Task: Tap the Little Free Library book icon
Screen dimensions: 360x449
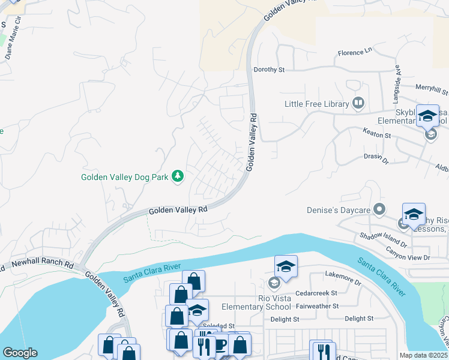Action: tap(358, 103)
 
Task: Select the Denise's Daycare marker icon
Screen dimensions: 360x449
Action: tap(379, 209)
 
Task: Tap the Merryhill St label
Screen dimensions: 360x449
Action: tap(432, 89)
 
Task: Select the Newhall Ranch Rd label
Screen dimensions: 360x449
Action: tap(44, 265)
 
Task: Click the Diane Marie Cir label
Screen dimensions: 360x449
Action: tap(13, 43)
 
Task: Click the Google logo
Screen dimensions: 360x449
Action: tap(20, 353)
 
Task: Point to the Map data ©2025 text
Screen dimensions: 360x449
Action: tap(423, 355)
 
